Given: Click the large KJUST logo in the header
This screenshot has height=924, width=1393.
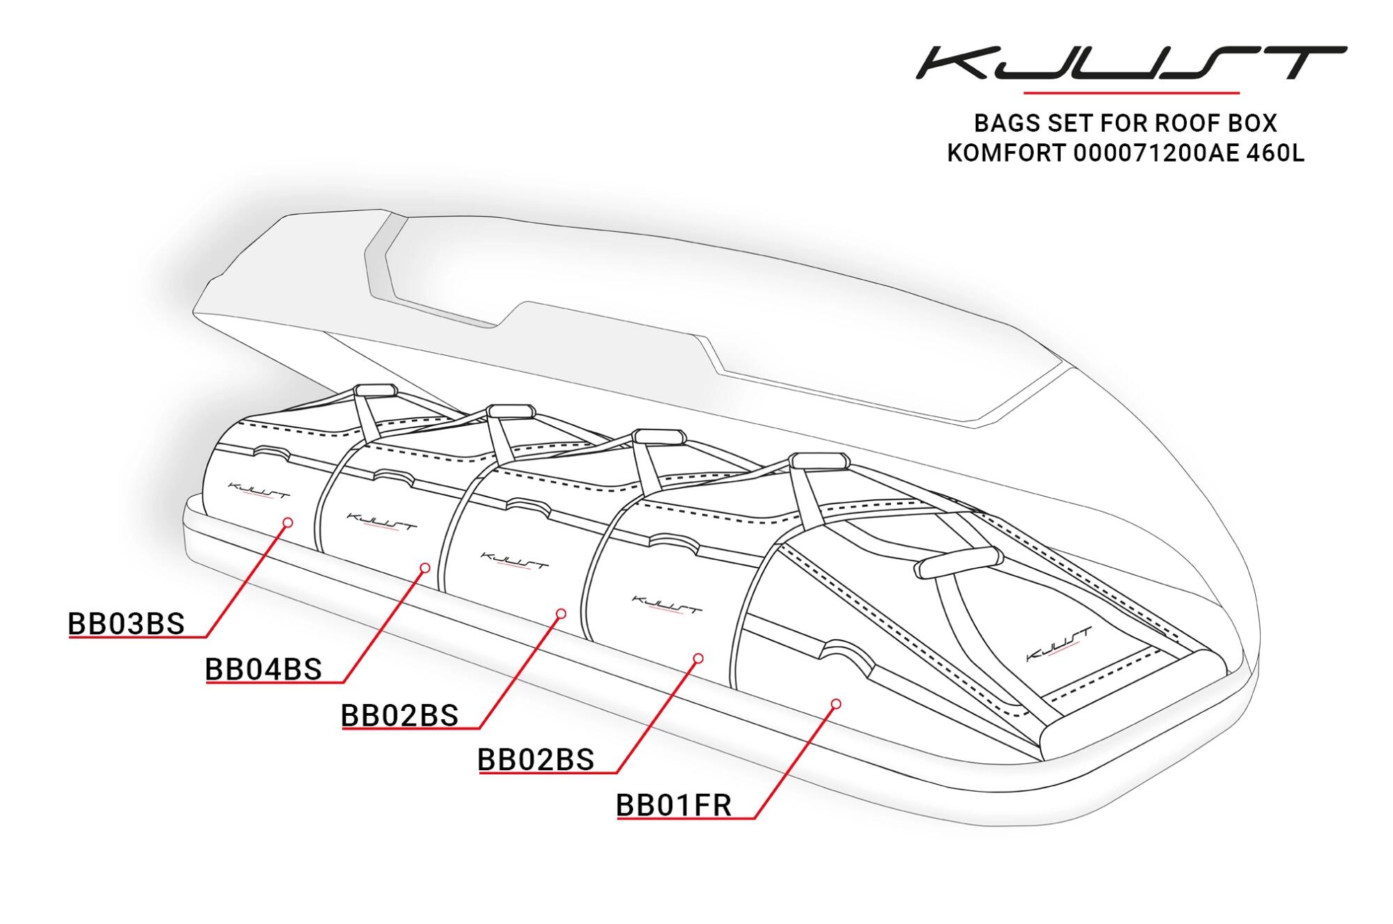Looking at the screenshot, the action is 1130,63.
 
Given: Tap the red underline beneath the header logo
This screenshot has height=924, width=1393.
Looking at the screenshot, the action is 1131,92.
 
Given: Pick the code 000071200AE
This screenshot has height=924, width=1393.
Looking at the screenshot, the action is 1156,153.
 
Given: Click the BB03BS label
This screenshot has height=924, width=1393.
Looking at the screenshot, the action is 126,624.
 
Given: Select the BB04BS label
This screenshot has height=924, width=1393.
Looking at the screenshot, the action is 263,669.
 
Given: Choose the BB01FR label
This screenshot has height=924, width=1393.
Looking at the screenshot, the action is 674,805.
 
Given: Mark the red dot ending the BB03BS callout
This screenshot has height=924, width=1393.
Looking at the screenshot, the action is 288,522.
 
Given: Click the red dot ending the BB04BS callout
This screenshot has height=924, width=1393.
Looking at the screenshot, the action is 425,568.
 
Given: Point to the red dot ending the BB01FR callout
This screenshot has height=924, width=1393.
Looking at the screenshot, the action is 836,704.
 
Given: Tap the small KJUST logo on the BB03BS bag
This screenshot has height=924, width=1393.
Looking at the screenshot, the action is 258,490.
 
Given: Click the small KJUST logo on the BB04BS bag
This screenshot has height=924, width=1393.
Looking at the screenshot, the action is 382,522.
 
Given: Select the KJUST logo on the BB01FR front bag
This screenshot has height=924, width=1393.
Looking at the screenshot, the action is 1059,644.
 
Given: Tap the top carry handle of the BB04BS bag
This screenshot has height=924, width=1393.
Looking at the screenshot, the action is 511,410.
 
